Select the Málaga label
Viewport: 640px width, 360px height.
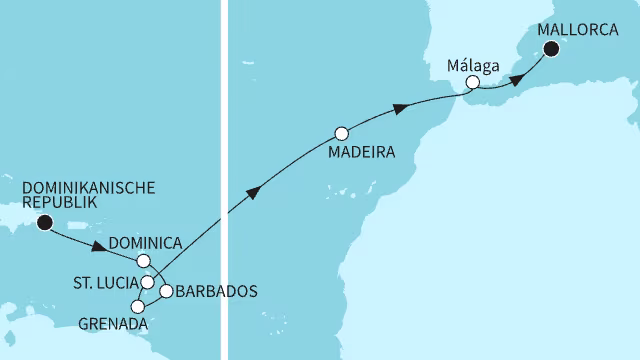point(475,70)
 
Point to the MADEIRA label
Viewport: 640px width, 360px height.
point(361,154)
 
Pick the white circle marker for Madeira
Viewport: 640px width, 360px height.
point(342,132)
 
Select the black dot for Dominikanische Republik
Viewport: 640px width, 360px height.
point(44,222)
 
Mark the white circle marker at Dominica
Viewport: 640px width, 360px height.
point(156,261)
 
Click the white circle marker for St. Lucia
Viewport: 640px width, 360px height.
point(148,283)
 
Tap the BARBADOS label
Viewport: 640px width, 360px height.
point(216,292)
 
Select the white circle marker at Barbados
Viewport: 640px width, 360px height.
point(166,291)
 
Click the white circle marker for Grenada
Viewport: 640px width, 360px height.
point(138,307)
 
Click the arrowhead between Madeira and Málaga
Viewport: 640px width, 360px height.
point(400,108)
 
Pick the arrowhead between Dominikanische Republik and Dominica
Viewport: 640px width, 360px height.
point(99,247)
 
